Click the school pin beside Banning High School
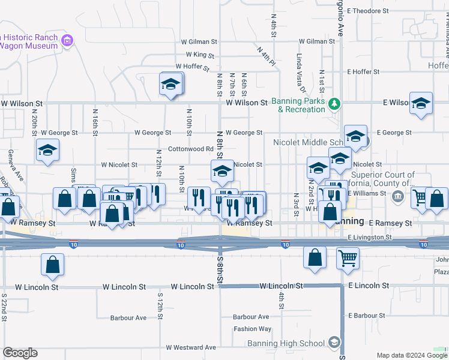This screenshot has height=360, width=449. (x=334, y=343)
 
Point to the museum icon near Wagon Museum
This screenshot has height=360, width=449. (x=67, y=41)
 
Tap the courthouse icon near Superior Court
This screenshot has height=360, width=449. (x=397, y=196)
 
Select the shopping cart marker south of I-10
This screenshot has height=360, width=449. (x=348, y=258)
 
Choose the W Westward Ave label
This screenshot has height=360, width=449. (x=191, y=347)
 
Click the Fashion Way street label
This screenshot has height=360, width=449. (x=252, y=329)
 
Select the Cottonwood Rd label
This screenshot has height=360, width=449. (x=191, y=149)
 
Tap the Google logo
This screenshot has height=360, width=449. (x=20, y=353)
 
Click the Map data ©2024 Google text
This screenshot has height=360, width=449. (x=411, y=355)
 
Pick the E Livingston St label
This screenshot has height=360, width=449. (x=369, y=238)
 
